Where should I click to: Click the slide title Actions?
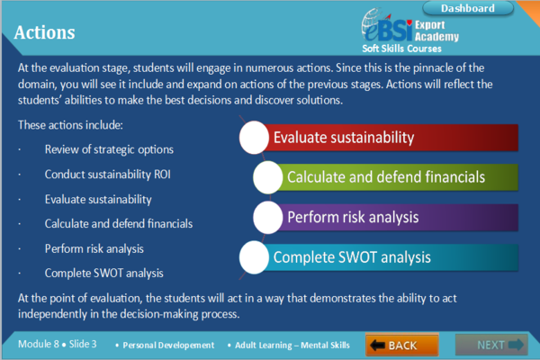tap(45, 33)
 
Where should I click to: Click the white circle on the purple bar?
tap(268, 217)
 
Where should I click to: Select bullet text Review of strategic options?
tap(109, 148)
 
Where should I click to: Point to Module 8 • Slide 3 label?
tap(60, 345)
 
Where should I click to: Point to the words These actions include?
tap(70, 124)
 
